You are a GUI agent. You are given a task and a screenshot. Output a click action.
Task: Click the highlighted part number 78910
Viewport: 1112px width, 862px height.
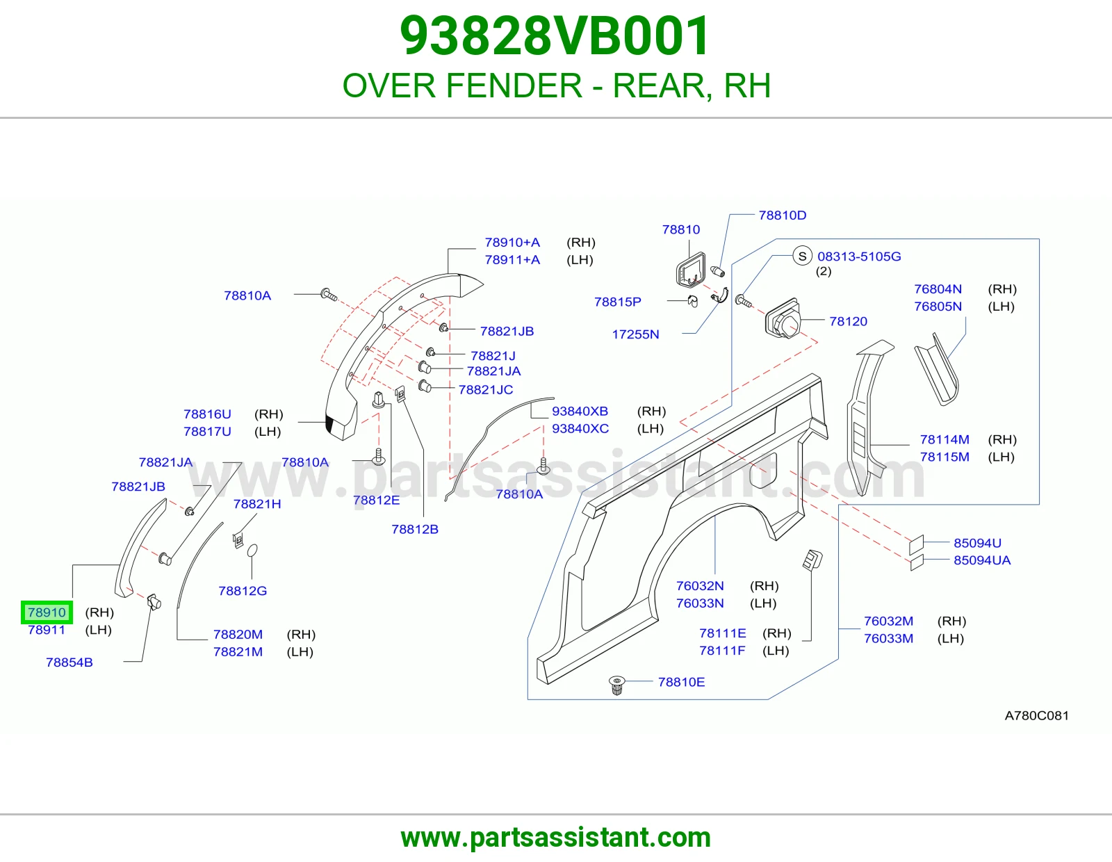point(47,612)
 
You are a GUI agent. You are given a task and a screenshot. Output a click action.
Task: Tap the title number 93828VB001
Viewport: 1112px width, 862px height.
point(555,35)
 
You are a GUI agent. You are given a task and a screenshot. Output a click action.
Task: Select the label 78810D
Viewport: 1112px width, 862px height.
point(783,215)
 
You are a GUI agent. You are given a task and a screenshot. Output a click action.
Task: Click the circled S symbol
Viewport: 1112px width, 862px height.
point(803,256)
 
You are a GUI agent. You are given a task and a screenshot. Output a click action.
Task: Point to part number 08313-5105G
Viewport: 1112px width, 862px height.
point(859,257)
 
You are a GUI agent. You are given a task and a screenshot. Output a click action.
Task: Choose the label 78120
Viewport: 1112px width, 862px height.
point(849,321)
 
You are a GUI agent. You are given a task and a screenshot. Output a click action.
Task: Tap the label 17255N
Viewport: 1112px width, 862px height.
point(635,334)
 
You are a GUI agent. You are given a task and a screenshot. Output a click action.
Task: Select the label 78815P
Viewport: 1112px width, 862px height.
point(618,302)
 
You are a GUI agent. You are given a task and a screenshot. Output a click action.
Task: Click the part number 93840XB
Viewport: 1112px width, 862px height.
point(580,411)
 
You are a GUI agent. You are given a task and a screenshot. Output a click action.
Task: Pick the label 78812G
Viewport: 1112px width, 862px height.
point(243,591)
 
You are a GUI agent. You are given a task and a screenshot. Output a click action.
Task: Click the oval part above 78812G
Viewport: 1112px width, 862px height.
point(252,551)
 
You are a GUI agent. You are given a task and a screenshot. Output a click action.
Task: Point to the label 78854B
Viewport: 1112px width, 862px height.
point(69,662)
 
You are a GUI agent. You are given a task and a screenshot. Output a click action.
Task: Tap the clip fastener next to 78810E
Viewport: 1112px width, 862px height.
point(617,685)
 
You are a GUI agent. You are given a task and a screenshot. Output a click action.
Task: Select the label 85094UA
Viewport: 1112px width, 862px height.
point(982,560)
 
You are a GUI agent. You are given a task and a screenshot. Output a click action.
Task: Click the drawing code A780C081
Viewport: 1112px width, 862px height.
point(1037,715)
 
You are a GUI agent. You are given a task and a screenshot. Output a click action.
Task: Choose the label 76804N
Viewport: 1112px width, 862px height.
point(938,289)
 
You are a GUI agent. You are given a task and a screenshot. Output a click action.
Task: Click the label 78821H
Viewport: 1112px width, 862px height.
point(257,504)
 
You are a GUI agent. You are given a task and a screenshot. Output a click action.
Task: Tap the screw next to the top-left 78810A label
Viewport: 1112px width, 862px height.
point(329,295)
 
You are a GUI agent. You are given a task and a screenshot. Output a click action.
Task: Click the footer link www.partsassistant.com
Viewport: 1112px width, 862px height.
point(556,838)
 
